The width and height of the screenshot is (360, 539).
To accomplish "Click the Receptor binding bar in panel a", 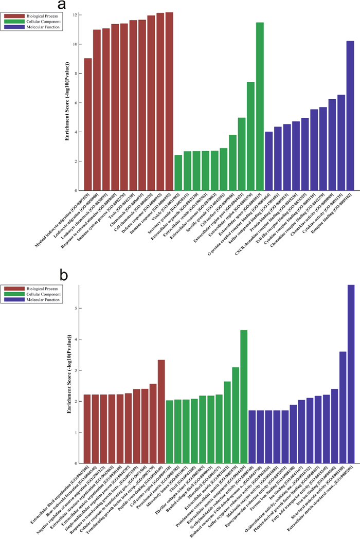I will click(x=350, y=116).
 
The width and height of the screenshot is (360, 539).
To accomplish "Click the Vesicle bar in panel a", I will click(x=178, y=173).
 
